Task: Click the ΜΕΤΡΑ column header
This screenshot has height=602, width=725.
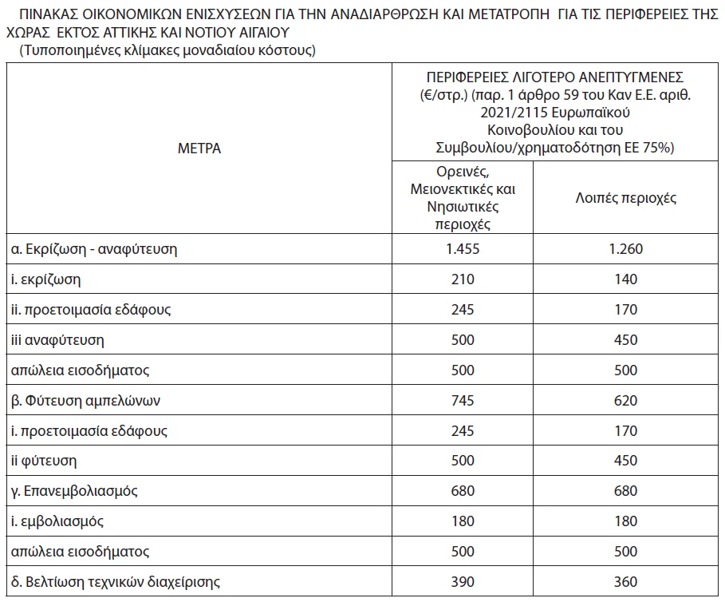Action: [x=200, y=149]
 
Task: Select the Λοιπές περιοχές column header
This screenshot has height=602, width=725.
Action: [x=625, y=198]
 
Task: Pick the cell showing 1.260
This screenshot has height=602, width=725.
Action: [x=625, y=248]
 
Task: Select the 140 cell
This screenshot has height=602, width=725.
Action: [x=625, y=279]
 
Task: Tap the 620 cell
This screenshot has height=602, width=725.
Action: [x=625, y=401]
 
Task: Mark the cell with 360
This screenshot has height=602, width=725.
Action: [x=625, y=582]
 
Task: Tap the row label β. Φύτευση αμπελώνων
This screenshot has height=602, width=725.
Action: [x=88, y=401]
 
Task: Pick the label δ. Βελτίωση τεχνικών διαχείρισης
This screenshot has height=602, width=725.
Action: [x=116, y=582]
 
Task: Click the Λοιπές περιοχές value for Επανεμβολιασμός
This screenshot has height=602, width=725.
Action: [x=625, y=491]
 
